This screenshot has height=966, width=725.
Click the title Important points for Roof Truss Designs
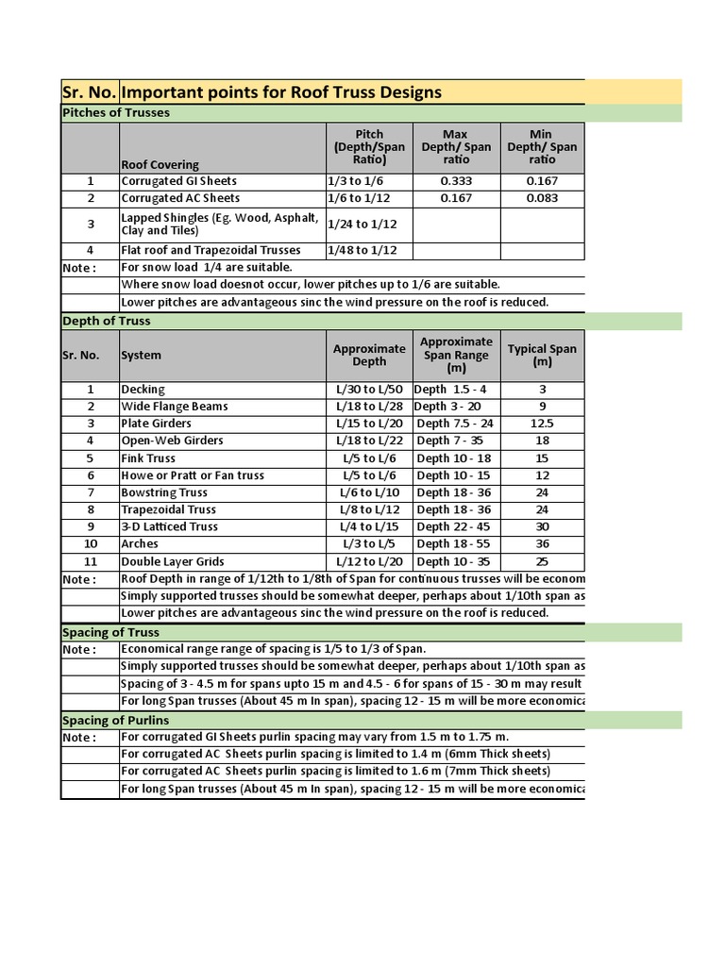click(280, 92)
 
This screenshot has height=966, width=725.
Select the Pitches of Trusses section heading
click(116, 113)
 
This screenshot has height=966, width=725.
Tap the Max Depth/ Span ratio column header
click(456, 147)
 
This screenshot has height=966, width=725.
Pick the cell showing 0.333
click(456, 181)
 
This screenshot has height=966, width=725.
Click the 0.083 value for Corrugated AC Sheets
click(542, 198)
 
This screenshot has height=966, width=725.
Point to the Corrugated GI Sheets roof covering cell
click(178, 181)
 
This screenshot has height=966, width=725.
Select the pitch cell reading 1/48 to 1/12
click(362, 250)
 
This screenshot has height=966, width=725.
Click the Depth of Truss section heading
click(107, 321)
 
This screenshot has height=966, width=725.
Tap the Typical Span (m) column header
click(542, 356)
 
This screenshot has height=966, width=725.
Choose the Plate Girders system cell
click(157, 424)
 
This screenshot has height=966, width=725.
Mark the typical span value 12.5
click(542, 424)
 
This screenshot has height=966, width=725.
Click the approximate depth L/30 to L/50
click(369, 390)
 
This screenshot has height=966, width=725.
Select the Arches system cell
click(140, 544)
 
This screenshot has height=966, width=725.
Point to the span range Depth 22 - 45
click(453, 526)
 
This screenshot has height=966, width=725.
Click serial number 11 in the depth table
click(91, 561)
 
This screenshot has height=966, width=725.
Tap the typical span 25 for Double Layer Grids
click(542, 561)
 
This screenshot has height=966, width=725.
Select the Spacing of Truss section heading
click(110, 632)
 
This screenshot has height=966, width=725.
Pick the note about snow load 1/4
click(207, 268)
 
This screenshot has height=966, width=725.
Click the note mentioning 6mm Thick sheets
click(335, 754)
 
